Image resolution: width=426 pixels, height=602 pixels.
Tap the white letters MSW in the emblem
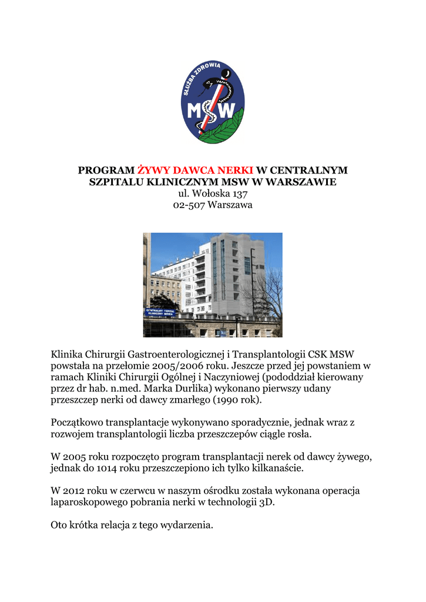[x=212, y=111]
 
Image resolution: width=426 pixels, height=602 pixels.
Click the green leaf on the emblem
[x=226, y=129]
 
